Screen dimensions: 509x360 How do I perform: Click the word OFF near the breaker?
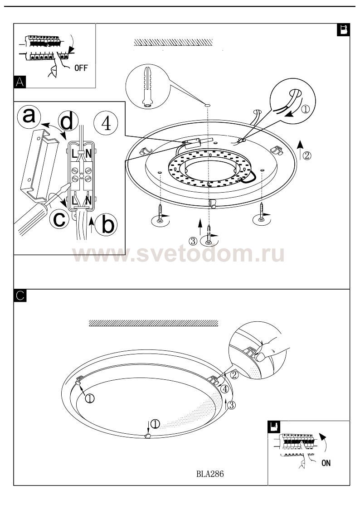[81, 68]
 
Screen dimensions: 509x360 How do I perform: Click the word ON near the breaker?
[326, 463]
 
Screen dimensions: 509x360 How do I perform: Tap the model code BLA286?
[210, 474]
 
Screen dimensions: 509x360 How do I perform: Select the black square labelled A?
[20, 82]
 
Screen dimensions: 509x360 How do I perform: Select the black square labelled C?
[20, 296]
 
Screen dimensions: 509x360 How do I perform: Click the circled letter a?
[29, 116]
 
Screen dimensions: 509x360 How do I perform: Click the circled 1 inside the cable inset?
[306, 109]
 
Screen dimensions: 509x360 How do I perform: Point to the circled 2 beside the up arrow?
[307, 155]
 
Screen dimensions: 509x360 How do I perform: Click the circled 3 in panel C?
[231, 404]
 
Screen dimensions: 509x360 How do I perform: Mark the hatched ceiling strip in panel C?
[153, 323]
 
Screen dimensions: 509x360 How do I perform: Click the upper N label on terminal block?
[88, 155]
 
